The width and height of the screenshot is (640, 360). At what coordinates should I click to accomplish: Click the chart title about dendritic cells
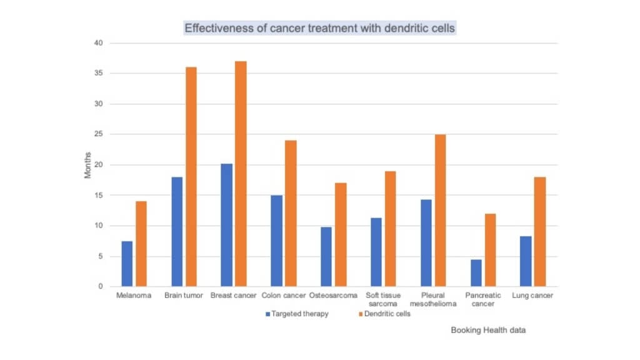320,28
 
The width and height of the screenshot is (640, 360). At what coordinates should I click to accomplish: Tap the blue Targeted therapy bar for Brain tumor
177,232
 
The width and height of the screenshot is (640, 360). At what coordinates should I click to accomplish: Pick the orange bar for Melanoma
141,244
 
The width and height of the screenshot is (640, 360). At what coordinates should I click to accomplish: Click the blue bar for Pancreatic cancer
476,272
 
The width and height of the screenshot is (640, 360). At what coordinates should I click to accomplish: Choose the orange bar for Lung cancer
540,232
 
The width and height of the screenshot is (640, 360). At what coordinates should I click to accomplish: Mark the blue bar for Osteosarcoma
326,256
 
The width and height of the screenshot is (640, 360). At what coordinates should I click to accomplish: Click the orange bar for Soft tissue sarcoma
390,229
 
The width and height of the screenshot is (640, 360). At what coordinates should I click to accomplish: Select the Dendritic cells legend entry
384,314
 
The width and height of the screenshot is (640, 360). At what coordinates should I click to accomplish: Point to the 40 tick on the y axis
98,43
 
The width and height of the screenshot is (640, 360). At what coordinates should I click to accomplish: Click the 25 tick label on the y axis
98,134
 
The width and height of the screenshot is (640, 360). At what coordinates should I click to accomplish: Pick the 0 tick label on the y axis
100,286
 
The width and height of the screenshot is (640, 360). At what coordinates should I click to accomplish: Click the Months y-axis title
88,165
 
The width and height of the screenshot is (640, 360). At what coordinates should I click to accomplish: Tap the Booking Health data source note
488,331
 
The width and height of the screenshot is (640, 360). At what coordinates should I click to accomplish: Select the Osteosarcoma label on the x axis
333,296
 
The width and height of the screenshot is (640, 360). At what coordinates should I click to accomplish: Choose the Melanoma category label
134,296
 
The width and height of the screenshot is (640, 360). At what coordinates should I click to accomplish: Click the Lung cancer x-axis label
532,296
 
